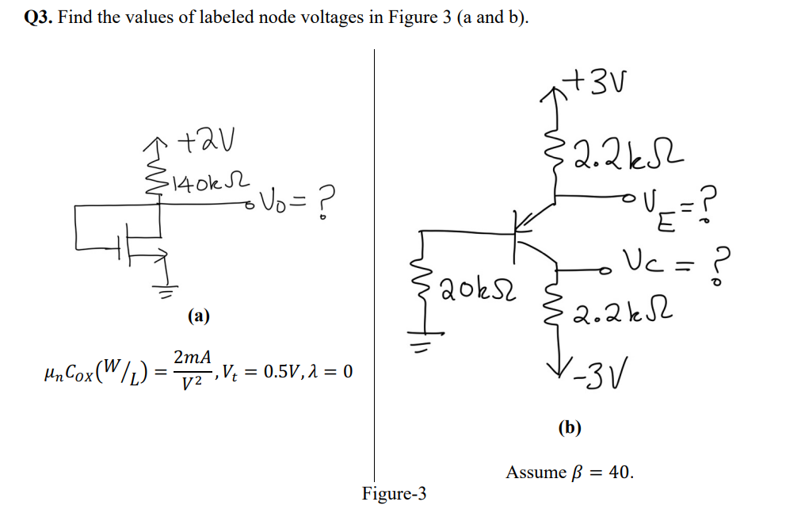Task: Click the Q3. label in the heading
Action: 38,17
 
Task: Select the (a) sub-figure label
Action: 198,316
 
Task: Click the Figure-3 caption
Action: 394,494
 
